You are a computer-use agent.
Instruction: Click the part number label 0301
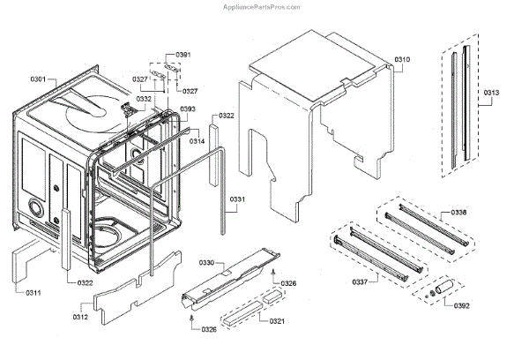pos(38,79)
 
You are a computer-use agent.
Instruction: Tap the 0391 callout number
pos(183,56)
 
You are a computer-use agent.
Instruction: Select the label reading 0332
pos(143,99)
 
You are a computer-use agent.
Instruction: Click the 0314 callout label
pos(197,141)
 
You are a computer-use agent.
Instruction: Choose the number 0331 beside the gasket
pos(239,200)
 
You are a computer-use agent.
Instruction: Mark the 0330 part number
pos(206,263)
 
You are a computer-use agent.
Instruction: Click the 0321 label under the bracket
pos(276,320)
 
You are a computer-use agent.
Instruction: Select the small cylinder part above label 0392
pos(442,286)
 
